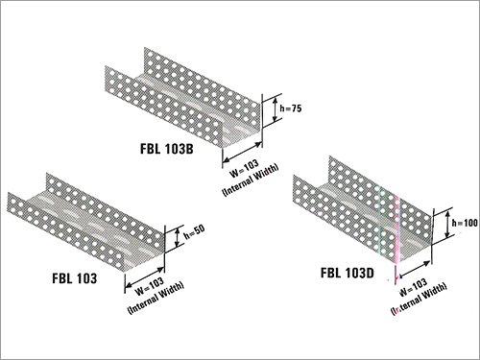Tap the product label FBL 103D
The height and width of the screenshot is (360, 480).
348,273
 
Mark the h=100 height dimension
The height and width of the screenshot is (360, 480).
465,224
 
